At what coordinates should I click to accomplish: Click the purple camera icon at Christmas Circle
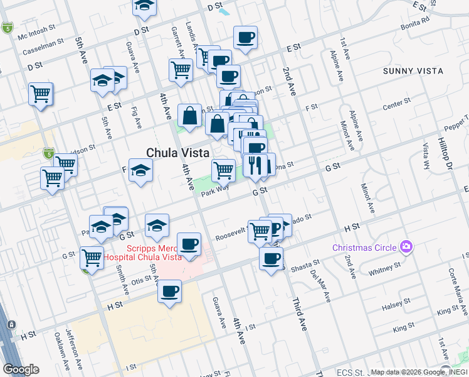tap(408, 246)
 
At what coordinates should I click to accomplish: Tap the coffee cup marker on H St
tap(169, 292)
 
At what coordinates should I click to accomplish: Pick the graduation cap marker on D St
tap(145, 6)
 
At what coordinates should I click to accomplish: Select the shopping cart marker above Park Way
tap(223, 170)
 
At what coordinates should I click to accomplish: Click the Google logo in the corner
tap(21, 369)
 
